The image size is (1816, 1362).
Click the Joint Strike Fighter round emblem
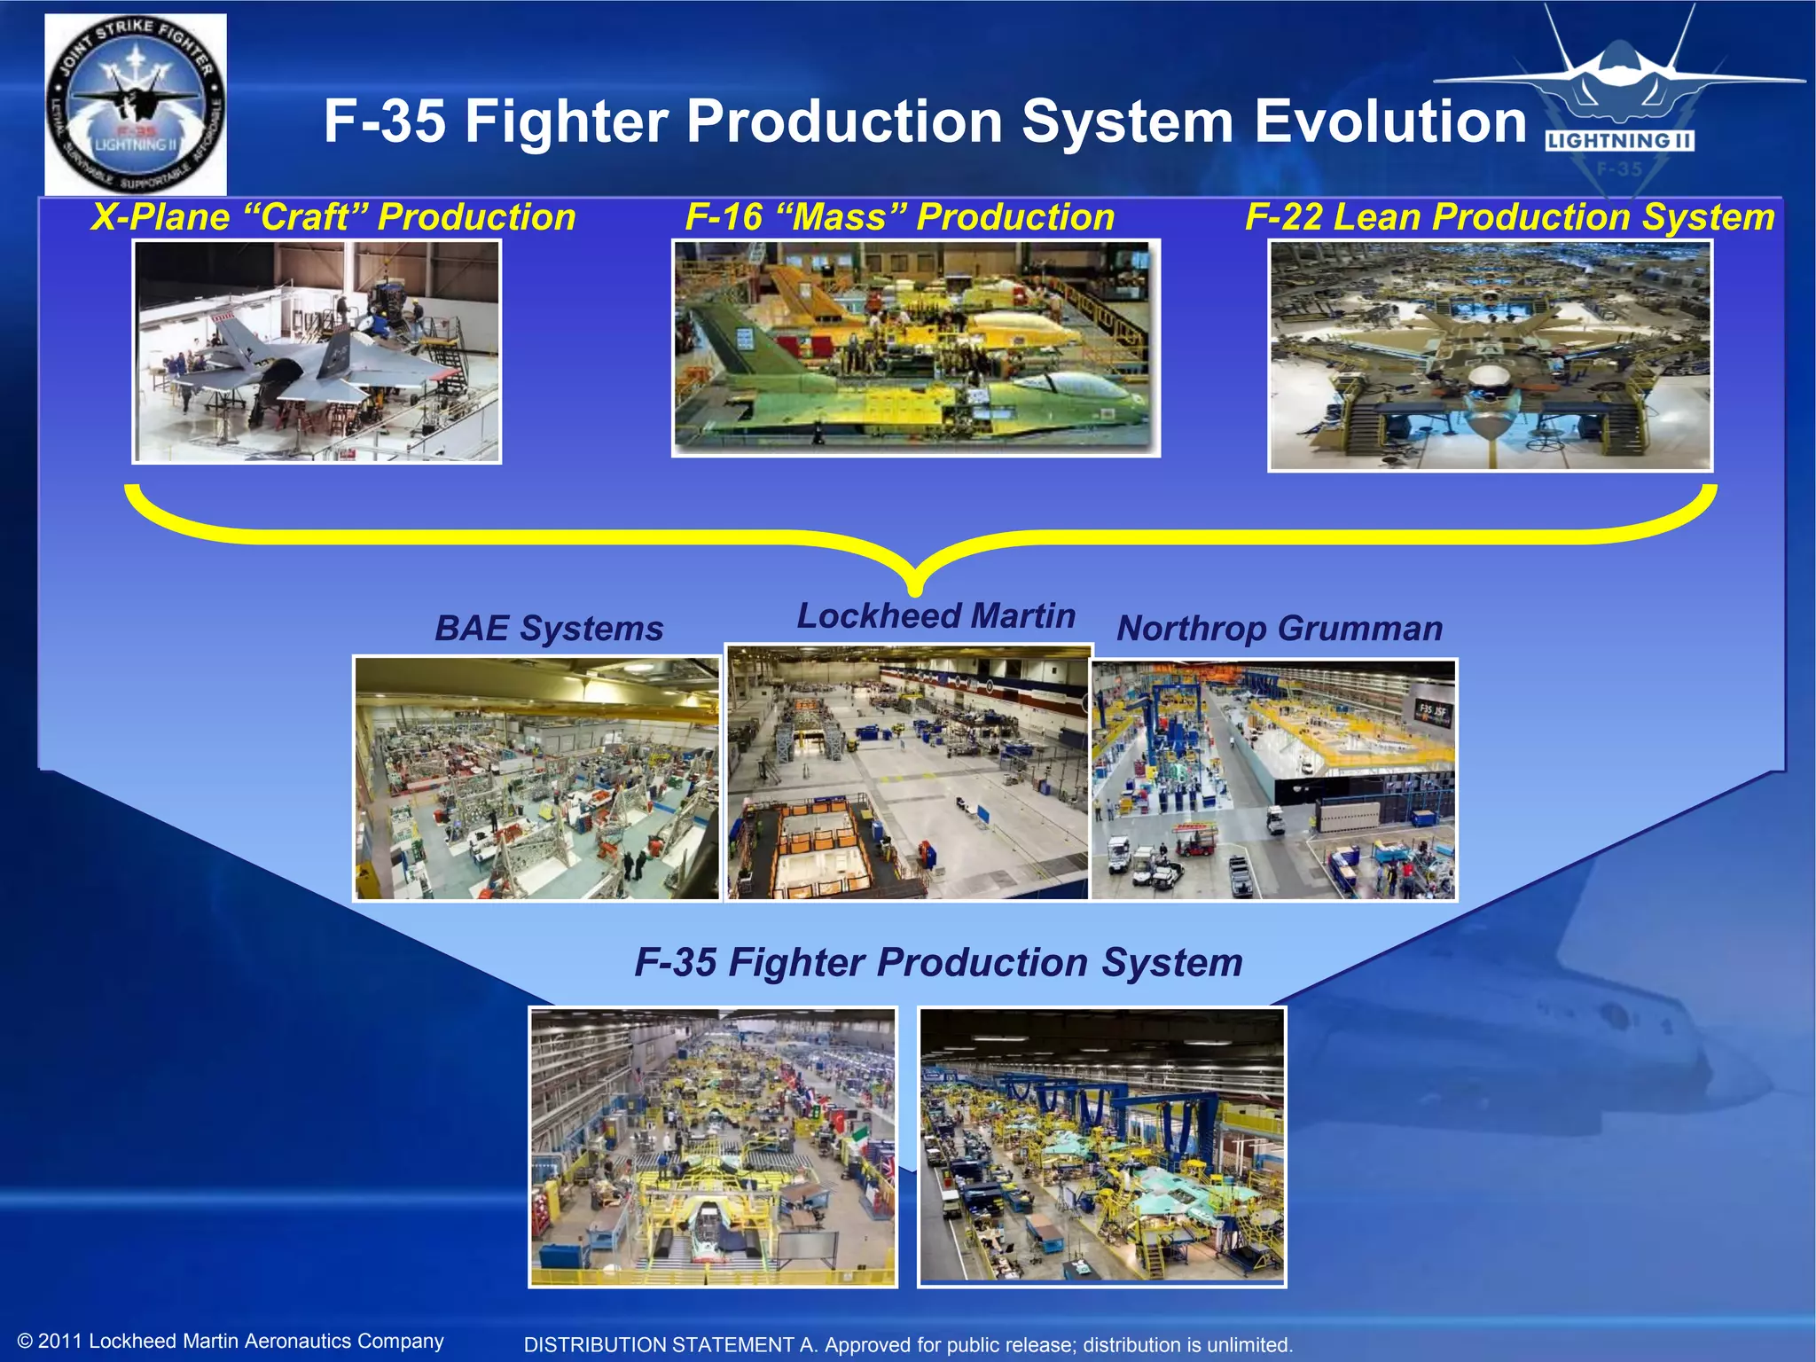(136, 105)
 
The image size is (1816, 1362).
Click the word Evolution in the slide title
(1390, 121)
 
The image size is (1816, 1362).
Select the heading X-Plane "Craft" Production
(333, 217)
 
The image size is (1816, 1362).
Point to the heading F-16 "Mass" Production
(899, 217)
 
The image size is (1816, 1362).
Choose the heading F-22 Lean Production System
(1509, 217)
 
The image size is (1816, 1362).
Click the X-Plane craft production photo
(317, 351)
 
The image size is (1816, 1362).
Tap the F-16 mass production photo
(915, 348)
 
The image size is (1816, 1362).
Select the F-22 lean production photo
(1490, 356)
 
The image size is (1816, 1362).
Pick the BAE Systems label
(549, 629)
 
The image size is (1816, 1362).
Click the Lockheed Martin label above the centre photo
(935, 616)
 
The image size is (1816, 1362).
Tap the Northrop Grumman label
(1280, 629)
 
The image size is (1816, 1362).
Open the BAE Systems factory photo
(536, 779)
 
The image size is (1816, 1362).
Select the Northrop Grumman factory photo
(1273, 779)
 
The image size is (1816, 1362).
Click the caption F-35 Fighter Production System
(938, 963)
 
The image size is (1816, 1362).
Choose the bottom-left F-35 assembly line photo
(713, 1147)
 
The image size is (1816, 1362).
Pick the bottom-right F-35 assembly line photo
(1101, 1147)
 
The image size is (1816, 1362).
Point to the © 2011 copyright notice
(231, 1341)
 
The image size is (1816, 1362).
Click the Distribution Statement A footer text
(908, 1344)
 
